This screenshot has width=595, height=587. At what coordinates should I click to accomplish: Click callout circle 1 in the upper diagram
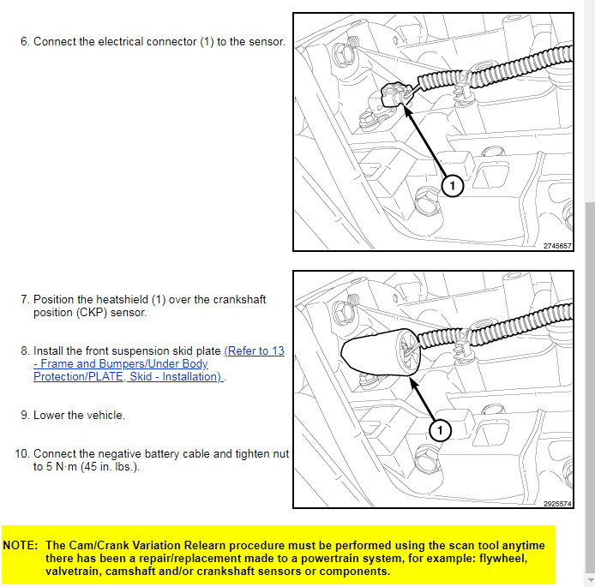click(x=453, y=184)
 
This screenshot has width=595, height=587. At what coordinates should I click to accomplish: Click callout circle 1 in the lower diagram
click(x=439, y=428)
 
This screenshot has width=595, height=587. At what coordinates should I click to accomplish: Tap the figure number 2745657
click(x=557, y=245)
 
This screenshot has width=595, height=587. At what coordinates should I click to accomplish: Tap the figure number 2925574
click(x=557, y=504)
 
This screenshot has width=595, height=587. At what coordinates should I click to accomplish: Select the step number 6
click(x=24, y=41)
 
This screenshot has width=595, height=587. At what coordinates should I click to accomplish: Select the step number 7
click(x=24, y=300)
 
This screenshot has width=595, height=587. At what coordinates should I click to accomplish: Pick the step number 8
click(x=24, y=351)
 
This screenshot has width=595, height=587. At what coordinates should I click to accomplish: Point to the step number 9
click(x=24, y=416)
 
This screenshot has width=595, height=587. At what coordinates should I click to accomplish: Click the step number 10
click(x=21, y=454)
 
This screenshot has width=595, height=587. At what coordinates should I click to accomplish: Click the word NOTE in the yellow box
click(x=20, y=545)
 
